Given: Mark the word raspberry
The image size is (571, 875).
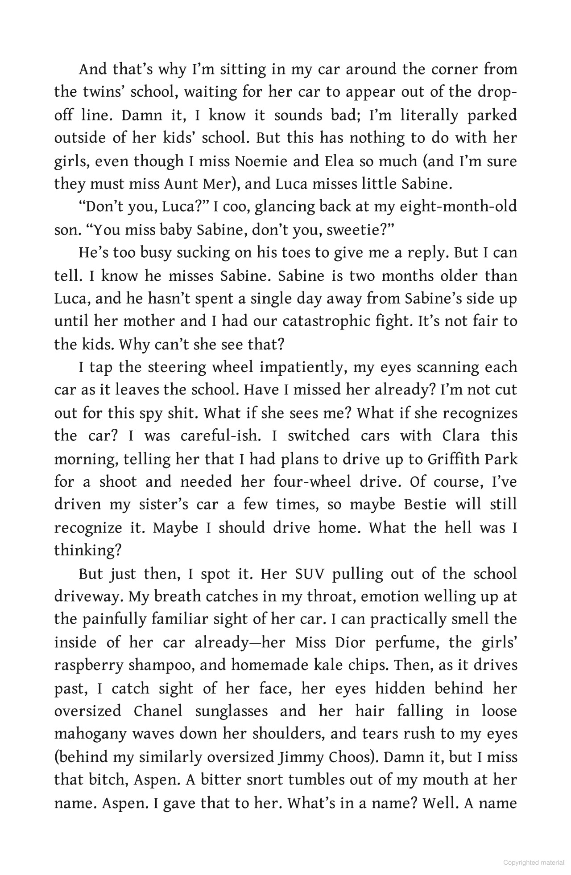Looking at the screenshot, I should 88,665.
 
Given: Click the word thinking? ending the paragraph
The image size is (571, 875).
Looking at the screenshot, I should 88,550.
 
